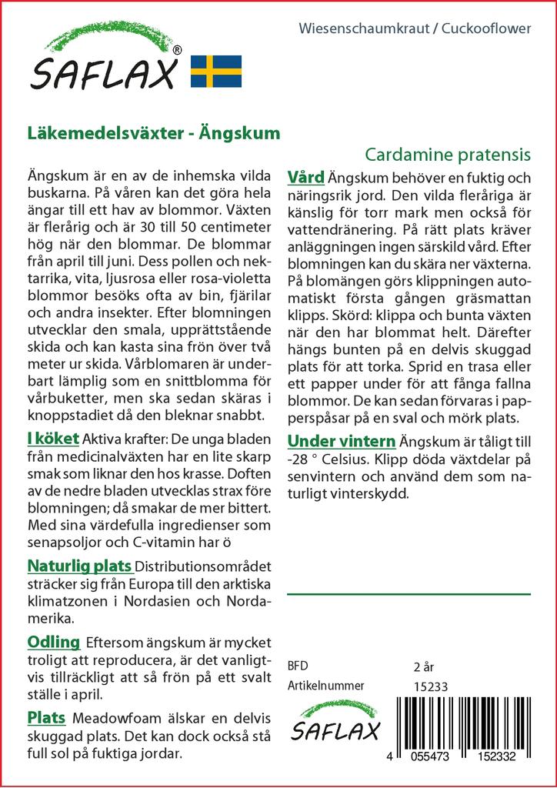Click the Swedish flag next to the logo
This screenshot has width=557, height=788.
coord(216,71)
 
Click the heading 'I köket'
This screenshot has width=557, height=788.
coord(52,438)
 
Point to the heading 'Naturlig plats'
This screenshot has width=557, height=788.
coord(80,567)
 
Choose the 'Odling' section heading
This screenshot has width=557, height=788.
coord(53,642)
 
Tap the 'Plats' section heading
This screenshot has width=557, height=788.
coord(46,718)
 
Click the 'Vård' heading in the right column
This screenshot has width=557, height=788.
coord(305,176)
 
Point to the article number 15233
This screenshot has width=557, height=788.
coord(431,686)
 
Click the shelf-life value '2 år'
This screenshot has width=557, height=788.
coord(424,666)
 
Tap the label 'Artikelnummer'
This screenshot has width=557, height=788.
coord(325,686)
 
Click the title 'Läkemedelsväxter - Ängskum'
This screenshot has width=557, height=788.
coord(153,132)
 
